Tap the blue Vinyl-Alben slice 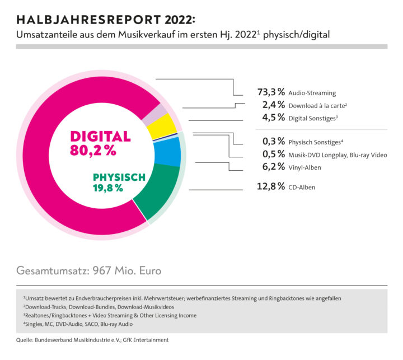(168, 152)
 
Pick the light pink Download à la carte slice (149, 115)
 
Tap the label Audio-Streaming (312, 93)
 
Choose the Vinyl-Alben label (306, 167)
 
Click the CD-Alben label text (302, 187)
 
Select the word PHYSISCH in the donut (119, 177)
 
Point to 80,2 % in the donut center (93, 150)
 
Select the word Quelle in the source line (26, 340)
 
